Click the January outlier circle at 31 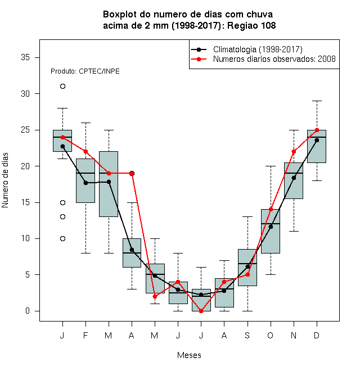(62, 87)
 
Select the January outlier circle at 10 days (62, 238)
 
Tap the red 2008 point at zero (201, 311)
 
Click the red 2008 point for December (317, 130)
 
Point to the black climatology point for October (271, 227)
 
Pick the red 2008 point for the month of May (155, 296)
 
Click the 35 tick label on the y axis (25, 57)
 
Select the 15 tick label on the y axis (25, 202)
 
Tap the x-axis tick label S (247, 335)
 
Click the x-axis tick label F (85, 335)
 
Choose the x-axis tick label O (270, 335)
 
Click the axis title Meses (189, 355)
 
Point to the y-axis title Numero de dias (5, 180)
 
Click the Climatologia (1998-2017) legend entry (246, 49)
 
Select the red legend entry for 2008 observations (263, 59)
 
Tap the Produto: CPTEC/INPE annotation (85, 71)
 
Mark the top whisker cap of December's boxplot (317, 101)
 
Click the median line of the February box (85, 173)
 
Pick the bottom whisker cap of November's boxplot (294, 231)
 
